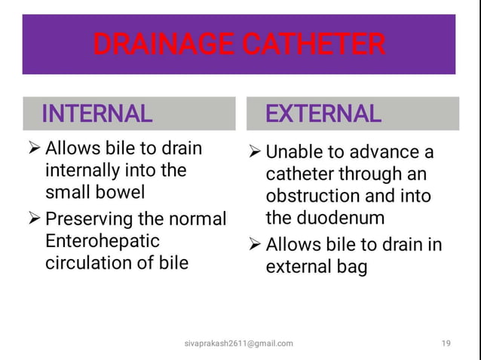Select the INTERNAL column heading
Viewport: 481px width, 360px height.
[x=97, y=114]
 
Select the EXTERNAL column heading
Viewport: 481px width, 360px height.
[x=323, y=114]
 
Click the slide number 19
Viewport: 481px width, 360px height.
[x=446, y=343]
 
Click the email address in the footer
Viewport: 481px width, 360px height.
[x=239, y=343]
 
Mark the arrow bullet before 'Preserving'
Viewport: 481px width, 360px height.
[x=34, y=220]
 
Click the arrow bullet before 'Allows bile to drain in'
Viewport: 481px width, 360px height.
[x=254, y=246]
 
